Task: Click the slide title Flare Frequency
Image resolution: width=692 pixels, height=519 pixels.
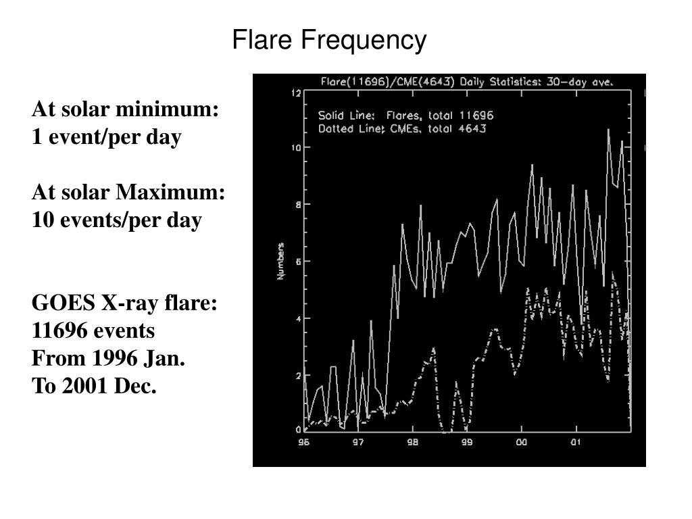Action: (329, 41)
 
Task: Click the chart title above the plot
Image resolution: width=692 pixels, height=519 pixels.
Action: (466, 82)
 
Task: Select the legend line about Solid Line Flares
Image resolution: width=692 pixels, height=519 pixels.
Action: (405, 116)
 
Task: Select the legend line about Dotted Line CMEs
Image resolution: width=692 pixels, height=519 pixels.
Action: (401, 128)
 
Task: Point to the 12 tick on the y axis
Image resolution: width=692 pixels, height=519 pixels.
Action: (295, 93)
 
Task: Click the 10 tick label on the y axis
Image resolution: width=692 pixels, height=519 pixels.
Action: (295, 147)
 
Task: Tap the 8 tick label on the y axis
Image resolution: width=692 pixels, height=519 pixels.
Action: (297, 205)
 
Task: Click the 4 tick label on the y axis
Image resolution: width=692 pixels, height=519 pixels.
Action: (297, 318)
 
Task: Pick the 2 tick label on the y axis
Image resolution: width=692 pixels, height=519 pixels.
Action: (297, 375)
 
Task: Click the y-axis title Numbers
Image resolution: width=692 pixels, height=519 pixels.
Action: (281, 262)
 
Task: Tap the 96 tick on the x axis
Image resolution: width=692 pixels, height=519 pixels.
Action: (304, 443)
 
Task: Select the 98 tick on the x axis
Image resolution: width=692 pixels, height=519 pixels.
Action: (412, 443)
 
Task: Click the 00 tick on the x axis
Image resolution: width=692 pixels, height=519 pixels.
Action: (521, 443)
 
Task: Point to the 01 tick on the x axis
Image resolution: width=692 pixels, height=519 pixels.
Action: (575, 443)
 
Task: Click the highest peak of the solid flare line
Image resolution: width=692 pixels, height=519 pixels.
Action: (608, 130)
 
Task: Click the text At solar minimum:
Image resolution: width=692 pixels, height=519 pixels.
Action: (126, 109)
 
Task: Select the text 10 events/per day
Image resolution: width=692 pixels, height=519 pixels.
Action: (117, 220)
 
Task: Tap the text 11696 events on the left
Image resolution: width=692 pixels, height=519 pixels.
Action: (93, 331)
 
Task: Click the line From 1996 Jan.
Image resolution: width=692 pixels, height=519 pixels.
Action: (108, 359)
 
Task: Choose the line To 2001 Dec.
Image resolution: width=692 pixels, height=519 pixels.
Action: (94, 387)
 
